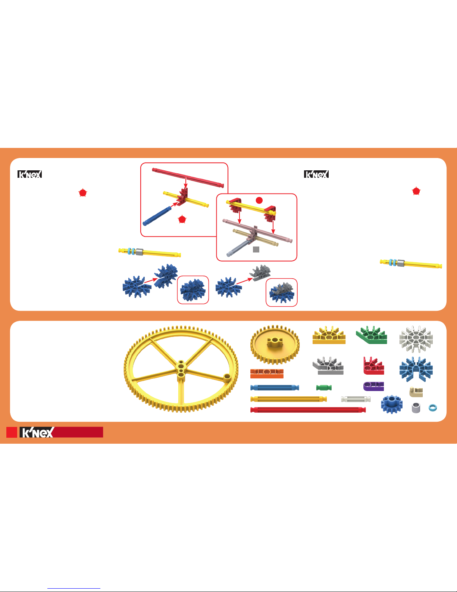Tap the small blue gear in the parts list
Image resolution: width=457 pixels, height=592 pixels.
point(391,404)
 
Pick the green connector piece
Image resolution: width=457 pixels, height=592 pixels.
point(372,335)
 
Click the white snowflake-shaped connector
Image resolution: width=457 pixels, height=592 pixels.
point(416,339)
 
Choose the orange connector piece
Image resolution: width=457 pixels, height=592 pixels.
point(267,374)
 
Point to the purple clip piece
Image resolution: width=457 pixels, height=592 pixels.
point(373,386)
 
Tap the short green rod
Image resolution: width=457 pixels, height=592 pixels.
point(324,387)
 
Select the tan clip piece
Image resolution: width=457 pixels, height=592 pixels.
point(416,392)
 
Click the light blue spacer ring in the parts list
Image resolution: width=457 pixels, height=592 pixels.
point(433,408)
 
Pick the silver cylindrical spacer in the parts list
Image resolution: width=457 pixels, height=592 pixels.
point(416,408)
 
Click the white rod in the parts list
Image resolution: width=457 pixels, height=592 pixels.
point(356,399)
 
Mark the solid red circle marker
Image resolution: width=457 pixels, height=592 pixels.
point(259,200)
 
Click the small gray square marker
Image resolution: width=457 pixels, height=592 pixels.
point(256,249)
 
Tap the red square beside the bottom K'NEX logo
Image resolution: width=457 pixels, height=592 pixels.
point(12,432)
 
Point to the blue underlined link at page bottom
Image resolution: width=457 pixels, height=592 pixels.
point(74,589)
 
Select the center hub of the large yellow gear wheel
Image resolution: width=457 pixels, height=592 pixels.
point(181,370)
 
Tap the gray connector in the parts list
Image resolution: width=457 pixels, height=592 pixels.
point(328,366)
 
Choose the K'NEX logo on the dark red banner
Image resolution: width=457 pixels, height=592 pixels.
point(37,433)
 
